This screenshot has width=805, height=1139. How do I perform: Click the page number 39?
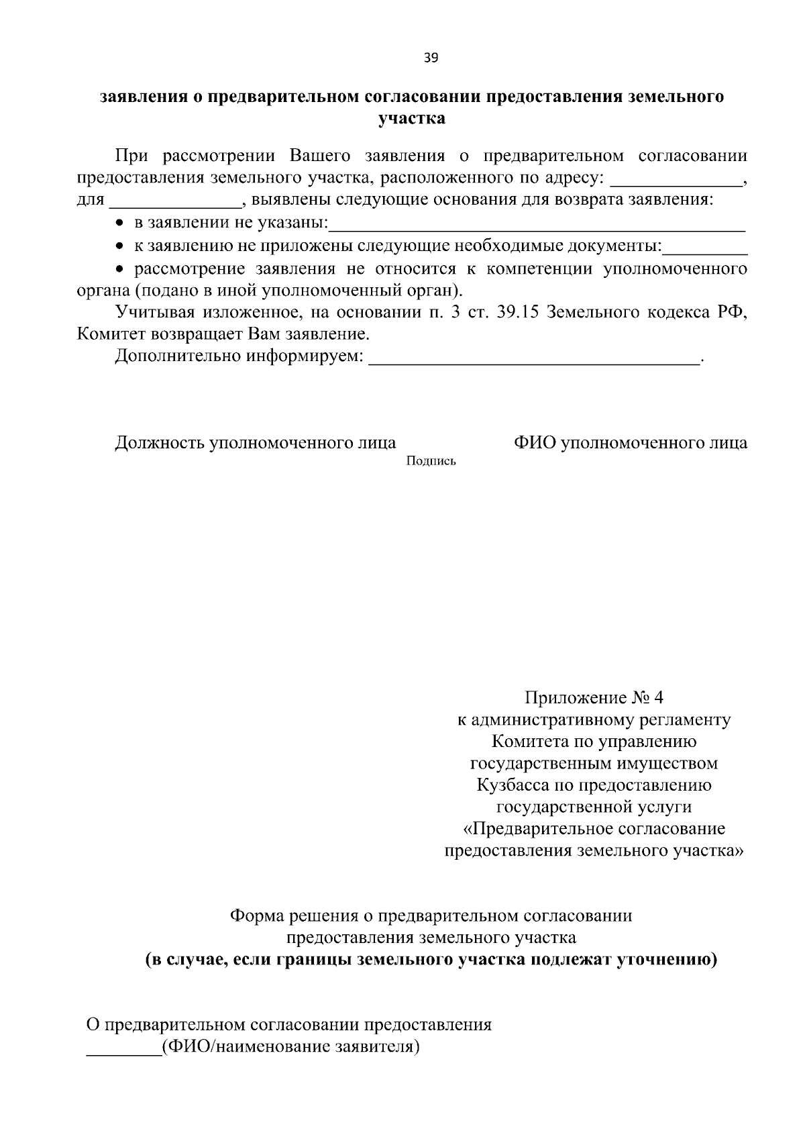point(431,58)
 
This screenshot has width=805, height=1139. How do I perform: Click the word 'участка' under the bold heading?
point(412,119)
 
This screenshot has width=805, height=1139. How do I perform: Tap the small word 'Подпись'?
point(431,461)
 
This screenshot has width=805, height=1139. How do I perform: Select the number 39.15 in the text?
point(517,312)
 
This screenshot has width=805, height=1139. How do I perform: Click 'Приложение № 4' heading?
point(594,697)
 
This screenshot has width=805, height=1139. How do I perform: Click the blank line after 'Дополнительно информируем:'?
point(534,359)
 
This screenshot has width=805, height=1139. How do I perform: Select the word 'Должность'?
point(159,443)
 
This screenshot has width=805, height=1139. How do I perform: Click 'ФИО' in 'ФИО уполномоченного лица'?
point(534,443)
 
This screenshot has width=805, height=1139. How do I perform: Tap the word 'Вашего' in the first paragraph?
point(319,156)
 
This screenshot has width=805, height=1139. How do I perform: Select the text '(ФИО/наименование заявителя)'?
point(290,1046)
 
